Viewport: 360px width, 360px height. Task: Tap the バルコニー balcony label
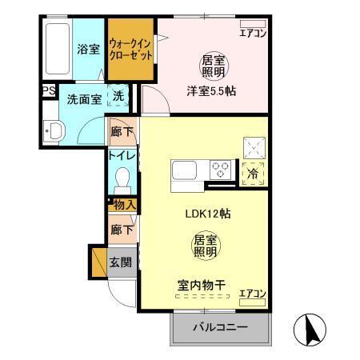coord(220,328)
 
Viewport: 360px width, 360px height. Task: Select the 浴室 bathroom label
coord(88,49)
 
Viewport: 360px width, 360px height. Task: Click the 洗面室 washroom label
coord(83,100)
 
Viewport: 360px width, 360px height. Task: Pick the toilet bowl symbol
coord(122,177)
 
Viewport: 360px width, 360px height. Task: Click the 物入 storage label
coord(124,206)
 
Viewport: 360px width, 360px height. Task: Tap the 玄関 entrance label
coord(122,262)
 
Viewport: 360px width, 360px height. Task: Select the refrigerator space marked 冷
coord(253,170)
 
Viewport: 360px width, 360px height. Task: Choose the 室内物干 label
coord(200,285)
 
